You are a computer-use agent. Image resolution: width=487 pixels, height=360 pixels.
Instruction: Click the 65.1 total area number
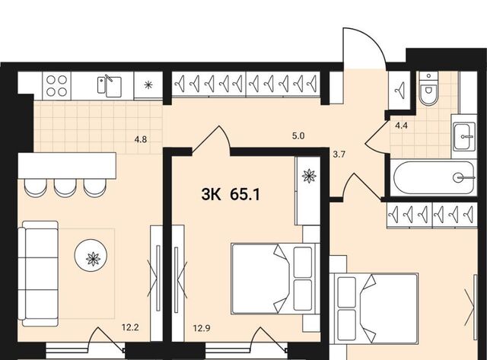pyautogui.click(x=245, y=195)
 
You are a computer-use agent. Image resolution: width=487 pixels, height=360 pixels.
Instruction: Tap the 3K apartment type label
pyautogui.click(x=212, y=195)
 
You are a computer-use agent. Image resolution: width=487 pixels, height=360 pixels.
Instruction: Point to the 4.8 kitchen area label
pyautogui.click(x=140, y=139)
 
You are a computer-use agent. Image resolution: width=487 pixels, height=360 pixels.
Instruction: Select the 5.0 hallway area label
pyautogui.click(x=298, y=135)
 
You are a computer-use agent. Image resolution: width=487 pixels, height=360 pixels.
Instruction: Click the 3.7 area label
pyautogui.click(x=339, y=155)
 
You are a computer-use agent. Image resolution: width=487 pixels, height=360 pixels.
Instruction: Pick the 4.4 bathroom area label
pyautogui.click(x=401, y=126)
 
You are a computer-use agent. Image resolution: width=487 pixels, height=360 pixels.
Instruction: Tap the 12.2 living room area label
pyautogui.click(x=130, y=327)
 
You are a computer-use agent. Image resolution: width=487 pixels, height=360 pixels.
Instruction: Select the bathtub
pyautogui.click(x=434, y=177)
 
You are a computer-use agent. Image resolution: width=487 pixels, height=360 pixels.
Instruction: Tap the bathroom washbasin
pyautogui.click(x=464, y=136)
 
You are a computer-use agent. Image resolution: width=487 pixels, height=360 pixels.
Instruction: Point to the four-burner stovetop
pyautogui.click(x=56, y=86)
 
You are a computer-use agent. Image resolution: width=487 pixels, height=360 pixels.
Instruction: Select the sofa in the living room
pyautogui.click(x=38, y=273)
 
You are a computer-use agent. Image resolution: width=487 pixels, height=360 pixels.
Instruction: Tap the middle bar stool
pyautogui.click(x=65, y=188)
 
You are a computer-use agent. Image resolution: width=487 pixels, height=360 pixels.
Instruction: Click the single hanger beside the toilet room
pyautogui.click(x=399, y=90)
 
